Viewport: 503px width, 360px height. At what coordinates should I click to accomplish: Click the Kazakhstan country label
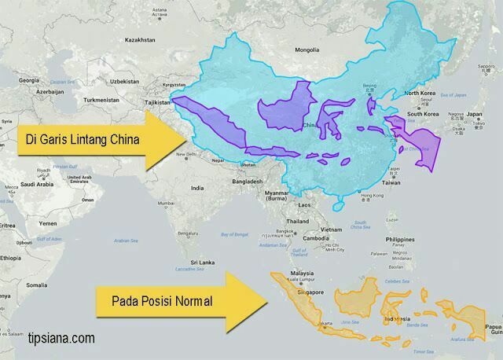tap(139, 39)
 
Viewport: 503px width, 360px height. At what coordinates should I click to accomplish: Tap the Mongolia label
tap(308, 51)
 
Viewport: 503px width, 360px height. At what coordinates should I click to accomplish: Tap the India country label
tap(197, 188)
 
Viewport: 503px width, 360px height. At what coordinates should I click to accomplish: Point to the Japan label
tap(473, 114)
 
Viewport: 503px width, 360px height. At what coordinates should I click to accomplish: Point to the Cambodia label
tap(321, 238)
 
